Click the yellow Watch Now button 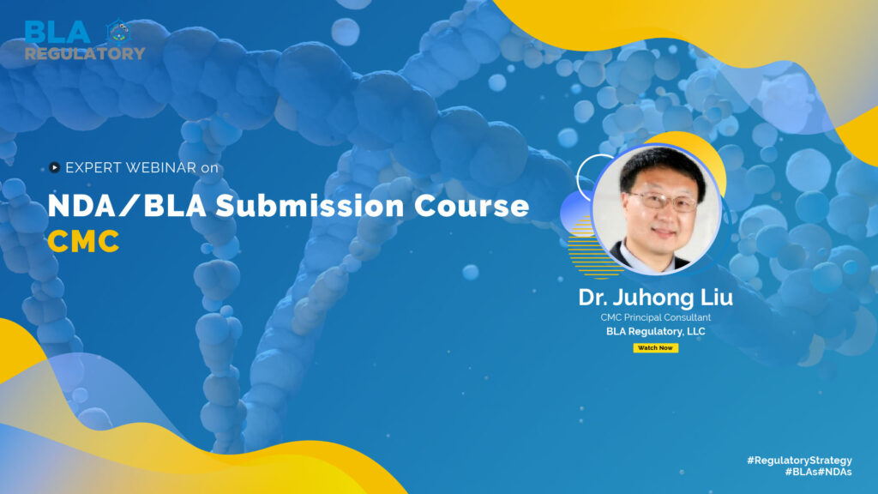pyautogui.click(x=655, y=347)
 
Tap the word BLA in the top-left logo pyautogui.click(x=57, y=33)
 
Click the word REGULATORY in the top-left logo pyautogui.click(x=84, y=53)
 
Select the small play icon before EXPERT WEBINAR pyautogui.click(x=55, y=168)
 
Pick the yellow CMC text pyautogui.click(x=83, y=242)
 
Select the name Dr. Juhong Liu pyautogui.click(x=656, y=300)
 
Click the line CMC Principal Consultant pyautogui.click(x=656, y=317)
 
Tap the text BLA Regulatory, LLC pyautogui.click(x=656, y=330)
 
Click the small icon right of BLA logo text pyautogui.click(x=117, y=31)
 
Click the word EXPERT pyautogui.click(x=92, y=168)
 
